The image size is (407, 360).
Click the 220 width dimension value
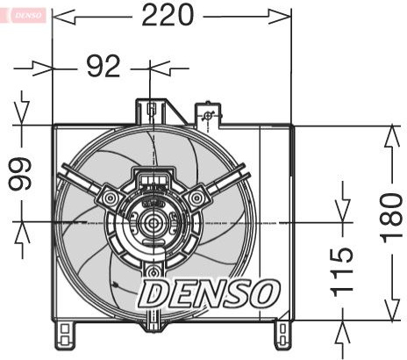[168, 15]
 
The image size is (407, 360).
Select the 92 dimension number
[104, 66]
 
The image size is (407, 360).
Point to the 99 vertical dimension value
[19, 174]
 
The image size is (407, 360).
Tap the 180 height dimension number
[392, 219]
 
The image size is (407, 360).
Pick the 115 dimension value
[341, 272]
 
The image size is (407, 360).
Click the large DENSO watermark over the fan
[209, 293]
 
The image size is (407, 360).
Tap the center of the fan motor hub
[152, 223]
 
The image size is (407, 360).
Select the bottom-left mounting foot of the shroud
[65, 335]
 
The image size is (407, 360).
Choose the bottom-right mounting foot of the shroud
[282, 335]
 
